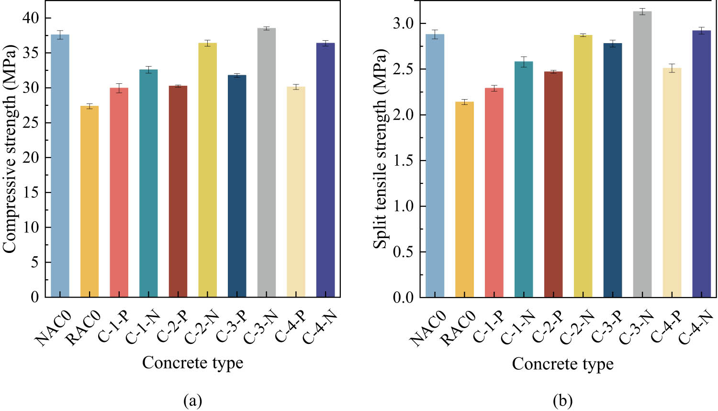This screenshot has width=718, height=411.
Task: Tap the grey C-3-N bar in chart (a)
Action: pyautogui.click(x=266, y=163)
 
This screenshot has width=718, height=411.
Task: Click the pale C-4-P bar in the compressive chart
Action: pyautogui.click(x=296, y=192)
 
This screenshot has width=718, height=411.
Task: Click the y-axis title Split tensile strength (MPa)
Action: pyautogui.click(x=380, y=148)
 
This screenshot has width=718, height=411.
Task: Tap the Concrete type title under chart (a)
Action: pyautogui.click(x=192, y=363)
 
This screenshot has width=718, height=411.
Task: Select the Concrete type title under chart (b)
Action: pyautogui.click(x=562, y=364)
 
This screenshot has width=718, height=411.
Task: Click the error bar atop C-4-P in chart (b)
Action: pyautogui.click(x=672, y=68)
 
